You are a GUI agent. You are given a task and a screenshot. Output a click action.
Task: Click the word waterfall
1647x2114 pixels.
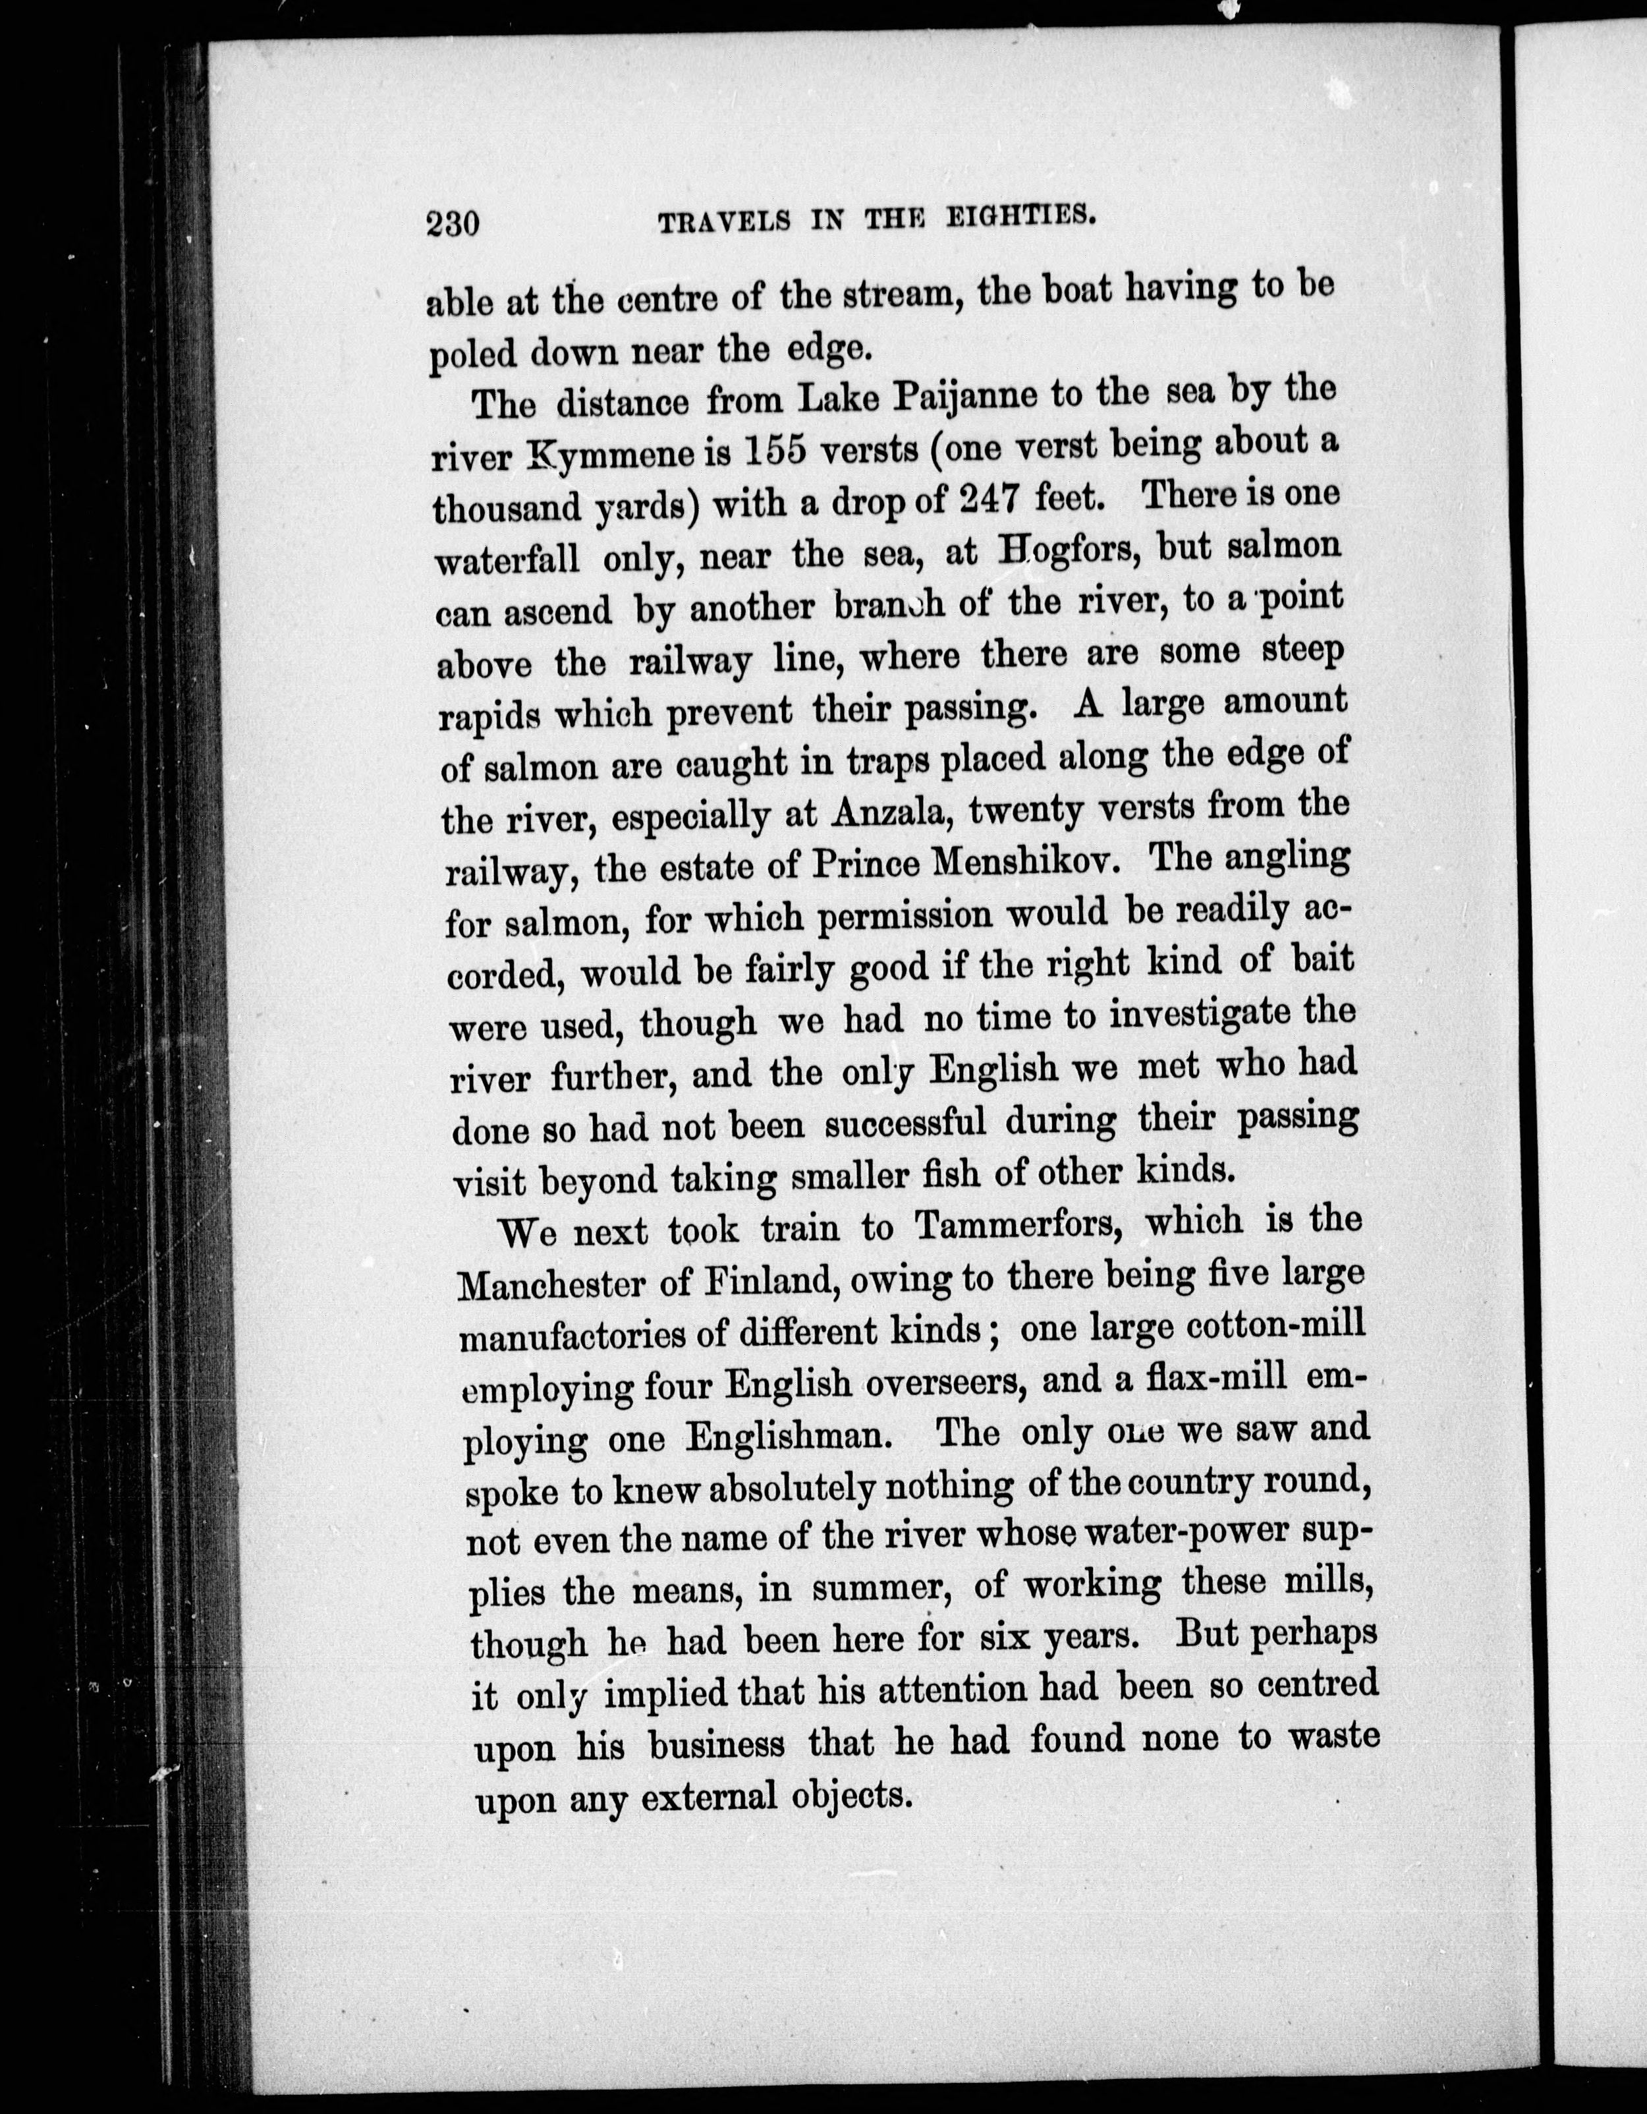[x=508, y=559]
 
